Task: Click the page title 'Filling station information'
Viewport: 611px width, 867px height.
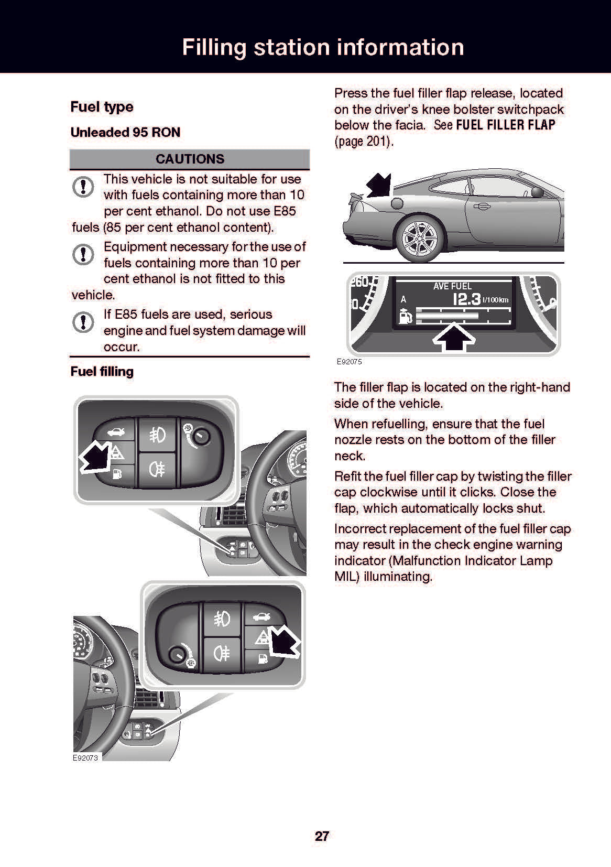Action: [323, 47]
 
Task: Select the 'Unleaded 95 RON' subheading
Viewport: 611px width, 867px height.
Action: [125, 132]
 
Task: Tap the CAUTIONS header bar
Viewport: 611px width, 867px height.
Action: [190, 159]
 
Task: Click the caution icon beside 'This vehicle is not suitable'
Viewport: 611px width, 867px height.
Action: [83, 187]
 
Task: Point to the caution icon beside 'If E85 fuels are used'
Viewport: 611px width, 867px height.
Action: [83, 322]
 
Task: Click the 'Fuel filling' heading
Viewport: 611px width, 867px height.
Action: [102, 372]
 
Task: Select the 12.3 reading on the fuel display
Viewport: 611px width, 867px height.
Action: [466, 299]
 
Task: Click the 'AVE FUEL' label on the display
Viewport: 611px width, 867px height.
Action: [452, 286]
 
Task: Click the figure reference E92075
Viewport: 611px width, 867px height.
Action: [349, 362]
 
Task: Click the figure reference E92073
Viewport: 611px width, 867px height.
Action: [85, 757]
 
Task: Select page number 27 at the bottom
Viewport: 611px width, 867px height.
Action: [322, 836]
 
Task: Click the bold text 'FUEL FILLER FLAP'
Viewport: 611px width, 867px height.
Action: [506, 125]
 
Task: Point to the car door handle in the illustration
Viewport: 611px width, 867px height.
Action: [481, 207]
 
